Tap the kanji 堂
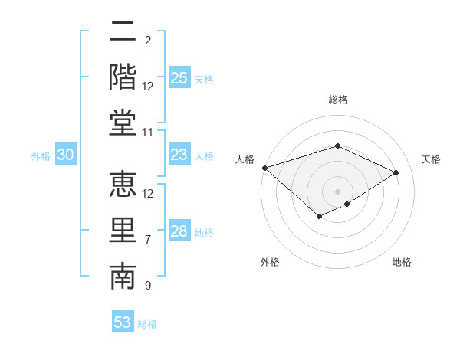coord(123,123)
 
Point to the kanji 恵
coord(123,184)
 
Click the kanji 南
coord(123,277)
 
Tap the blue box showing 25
coord(179,78)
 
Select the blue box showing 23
coord(179,155)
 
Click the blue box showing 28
coord(179,231)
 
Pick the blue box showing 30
coord(66,155)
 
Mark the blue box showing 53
coord(123,322)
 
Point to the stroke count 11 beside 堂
coord(149,133)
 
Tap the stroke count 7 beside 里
coord(147,240)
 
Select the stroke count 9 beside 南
coord(147,286)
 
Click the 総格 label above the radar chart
coord(338,100)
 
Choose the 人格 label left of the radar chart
coord(245,159)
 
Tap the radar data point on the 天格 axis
coord(396,173)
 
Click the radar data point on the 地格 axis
coord(347,204)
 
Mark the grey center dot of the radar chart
coord(338,191)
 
